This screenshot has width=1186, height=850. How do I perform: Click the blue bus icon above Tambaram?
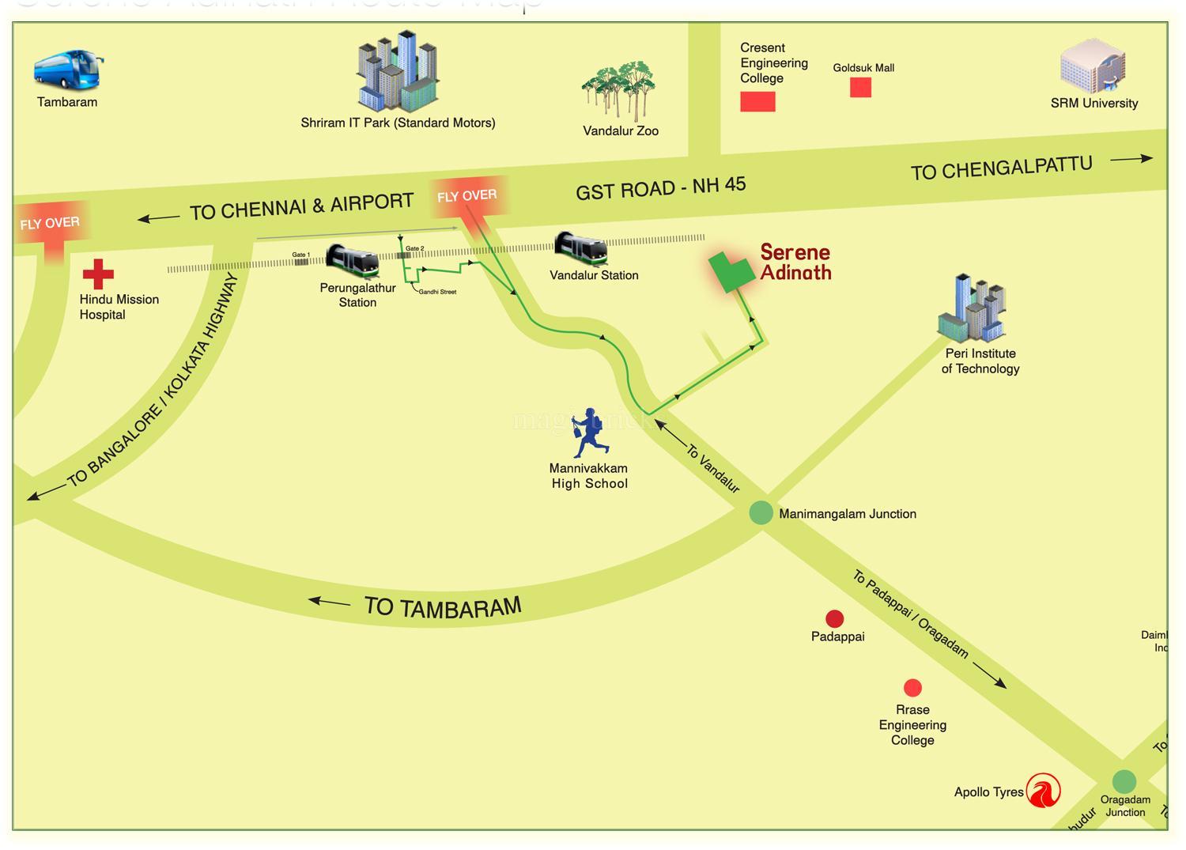[x=67, y=70]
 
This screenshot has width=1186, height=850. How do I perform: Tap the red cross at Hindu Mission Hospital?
[x=98, y=274]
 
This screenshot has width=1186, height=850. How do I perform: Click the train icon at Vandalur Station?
[x=581, y=248]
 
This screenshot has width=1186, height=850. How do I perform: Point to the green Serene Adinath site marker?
[x=730, y=272]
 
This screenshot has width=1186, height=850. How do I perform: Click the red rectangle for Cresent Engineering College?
[x=757, y=101]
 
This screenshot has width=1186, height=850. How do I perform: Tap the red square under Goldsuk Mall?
[x=860, y=87]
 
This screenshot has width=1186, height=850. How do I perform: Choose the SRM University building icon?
[x=1093, y=66]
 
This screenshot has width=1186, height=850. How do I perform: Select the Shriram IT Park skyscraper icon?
[x=397, y=72]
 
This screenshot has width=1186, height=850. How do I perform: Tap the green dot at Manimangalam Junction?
[x=761, y=512]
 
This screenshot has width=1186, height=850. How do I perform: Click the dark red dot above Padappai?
[x=834, y=618]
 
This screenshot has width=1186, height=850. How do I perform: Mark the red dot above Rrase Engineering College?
[x=912, y=687]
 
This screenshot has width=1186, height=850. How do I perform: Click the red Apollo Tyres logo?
[x=1043, y=791]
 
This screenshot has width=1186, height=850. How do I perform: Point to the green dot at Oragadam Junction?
[x=1124, y=781]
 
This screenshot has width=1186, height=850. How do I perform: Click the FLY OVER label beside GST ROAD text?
[x=466, y=195]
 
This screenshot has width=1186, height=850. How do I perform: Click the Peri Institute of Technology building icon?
[x=972, y=308]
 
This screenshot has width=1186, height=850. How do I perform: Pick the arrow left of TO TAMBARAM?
[x=329, y=603]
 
